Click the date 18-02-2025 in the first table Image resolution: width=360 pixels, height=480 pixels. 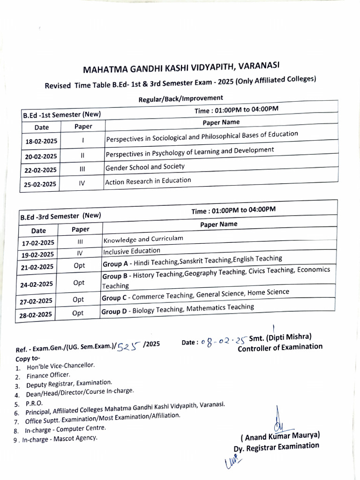(x=41, y=141)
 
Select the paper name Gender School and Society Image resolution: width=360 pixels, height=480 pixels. (x=145, y=167)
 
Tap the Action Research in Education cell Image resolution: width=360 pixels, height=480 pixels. (x=148, y=180)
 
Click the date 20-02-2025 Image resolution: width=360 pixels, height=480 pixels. (x=41, y=156)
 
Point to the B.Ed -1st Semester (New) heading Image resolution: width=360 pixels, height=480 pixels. (x=62, y=114)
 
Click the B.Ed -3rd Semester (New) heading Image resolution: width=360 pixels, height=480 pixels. (x=60, y=216)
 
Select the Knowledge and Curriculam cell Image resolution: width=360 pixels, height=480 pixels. (x=143, y=239)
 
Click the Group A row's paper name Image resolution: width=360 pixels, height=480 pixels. (x=192, y=259)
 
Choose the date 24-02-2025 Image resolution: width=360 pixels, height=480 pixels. (x=38, y=284)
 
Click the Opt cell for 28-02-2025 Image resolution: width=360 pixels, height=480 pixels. (x=78, y=314)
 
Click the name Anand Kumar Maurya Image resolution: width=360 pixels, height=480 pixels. (x=280, y=436)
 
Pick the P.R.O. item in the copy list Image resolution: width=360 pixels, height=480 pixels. (x=34, y=403)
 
